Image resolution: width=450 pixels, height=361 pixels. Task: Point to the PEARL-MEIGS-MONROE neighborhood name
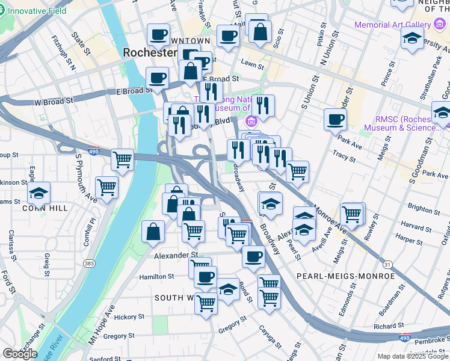345,276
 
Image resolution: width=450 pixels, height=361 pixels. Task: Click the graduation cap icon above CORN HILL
39,194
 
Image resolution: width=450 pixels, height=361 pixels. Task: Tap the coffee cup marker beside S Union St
335,119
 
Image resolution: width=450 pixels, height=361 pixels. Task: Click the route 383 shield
90,264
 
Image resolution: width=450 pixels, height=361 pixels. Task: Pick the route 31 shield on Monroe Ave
387,264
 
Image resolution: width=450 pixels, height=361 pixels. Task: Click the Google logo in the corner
20,354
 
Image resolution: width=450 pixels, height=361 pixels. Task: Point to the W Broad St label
54,102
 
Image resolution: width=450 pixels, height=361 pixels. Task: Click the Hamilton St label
156,276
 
